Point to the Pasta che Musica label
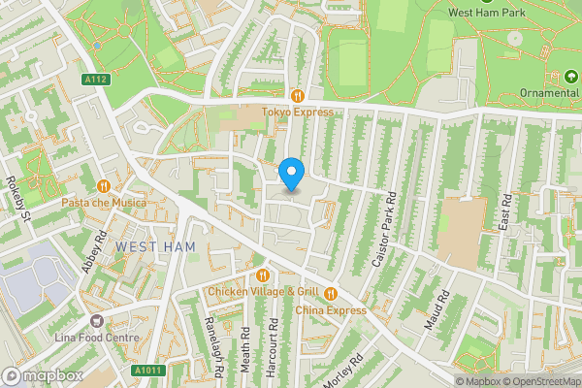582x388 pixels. point(104,203)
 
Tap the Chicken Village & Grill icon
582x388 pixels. point(261,275)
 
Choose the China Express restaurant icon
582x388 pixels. point(331,293)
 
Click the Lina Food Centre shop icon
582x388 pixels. point(96,320)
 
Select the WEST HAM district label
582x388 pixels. point(155,247)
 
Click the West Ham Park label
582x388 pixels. point(487,12)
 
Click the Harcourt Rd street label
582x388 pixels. point(275,343)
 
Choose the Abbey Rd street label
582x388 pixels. point(93,252)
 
